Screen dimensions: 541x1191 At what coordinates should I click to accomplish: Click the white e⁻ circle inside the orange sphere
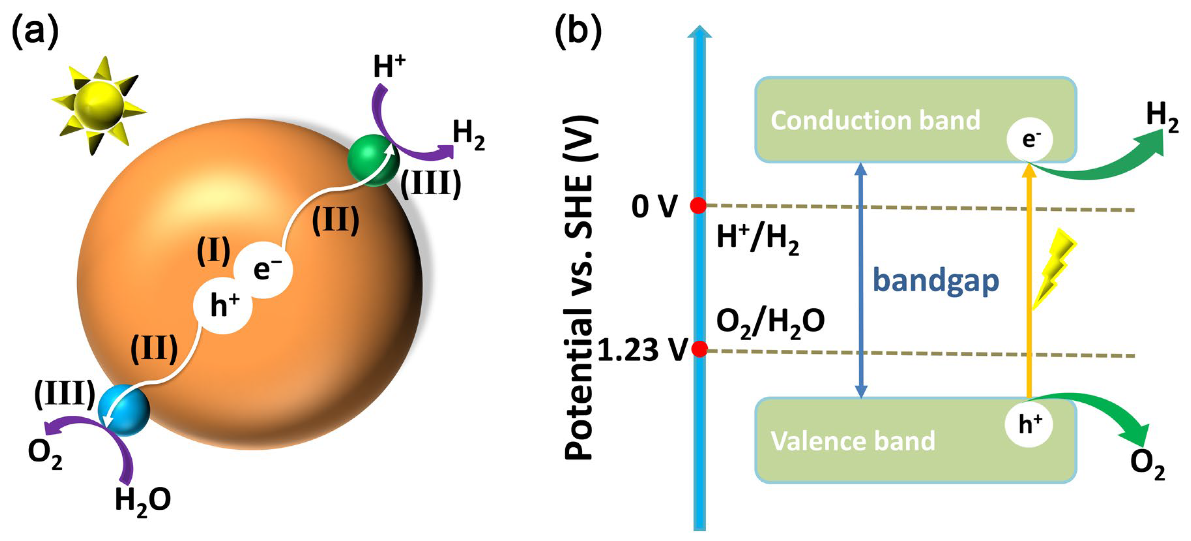[x=263, y=269]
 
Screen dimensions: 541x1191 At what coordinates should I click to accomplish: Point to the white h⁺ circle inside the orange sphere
[x=223, y=305]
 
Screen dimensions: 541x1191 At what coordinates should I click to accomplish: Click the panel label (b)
[x=578, y=31]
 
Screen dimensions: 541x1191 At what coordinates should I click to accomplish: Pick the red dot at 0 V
[x=698, y=205]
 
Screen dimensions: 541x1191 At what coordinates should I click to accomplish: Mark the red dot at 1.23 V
[x=700, y=349]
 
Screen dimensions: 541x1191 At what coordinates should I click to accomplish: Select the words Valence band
[x=853, y=441]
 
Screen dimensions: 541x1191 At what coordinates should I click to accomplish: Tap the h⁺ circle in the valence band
[x=1029, y=424]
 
